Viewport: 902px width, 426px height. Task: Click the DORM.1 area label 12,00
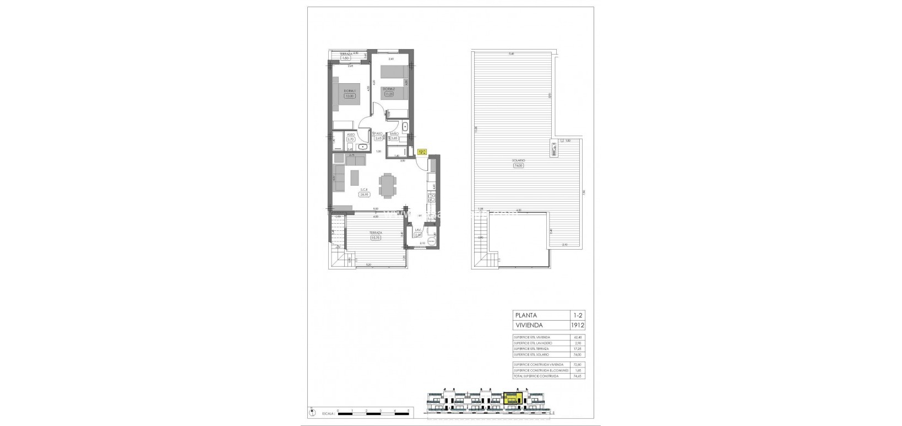tap(349, 95)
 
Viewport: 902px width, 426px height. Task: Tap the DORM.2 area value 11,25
tap(389, 94)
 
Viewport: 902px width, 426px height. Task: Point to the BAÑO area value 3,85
tap(394, 138)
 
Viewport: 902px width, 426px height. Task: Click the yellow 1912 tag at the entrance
tap(422, 153)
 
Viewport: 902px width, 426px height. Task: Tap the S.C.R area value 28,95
tap(363, 195)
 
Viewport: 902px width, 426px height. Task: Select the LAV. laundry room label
tap(418, 230)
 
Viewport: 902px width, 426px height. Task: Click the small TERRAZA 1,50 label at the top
tap(345, 58)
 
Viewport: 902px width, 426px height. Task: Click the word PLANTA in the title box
tap(525, 315)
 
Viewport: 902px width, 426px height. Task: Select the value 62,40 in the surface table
tap(577, 337)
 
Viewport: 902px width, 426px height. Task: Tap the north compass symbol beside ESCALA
tap(313, 412)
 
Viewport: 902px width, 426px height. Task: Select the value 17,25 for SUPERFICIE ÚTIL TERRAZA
tap(577, 349)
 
